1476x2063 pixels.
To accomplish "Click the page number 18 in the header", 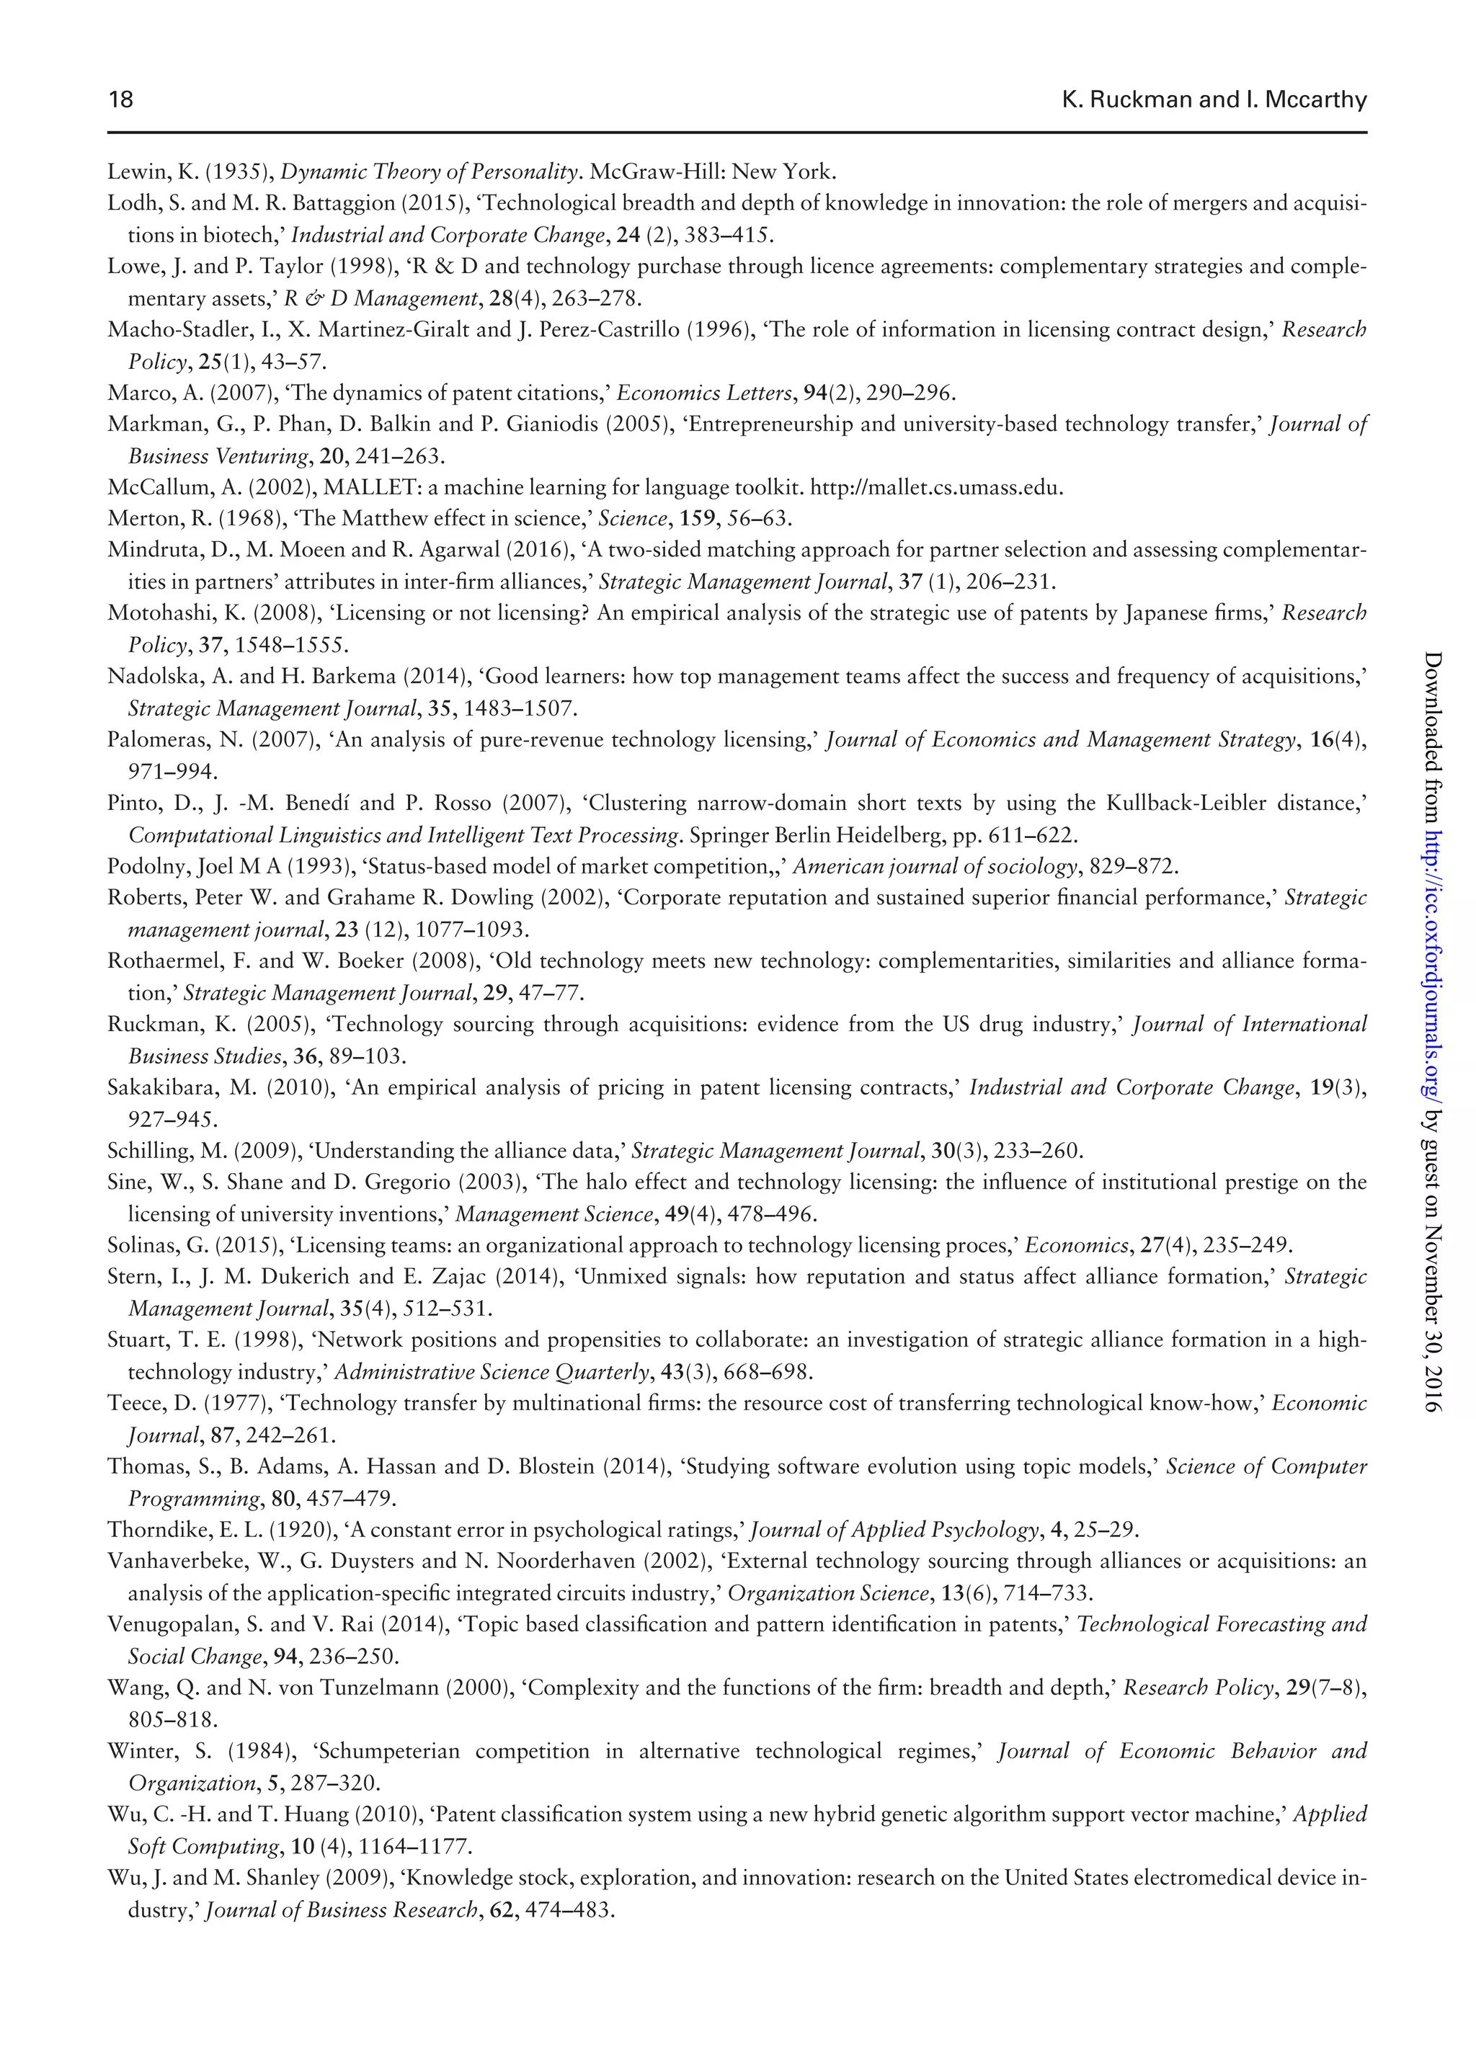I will pos(121,99).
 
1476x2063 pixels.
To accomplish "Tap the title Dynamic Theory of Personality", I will pos(429,171).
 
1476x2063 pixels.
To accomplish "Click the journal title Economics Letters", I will pos(704,393).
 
